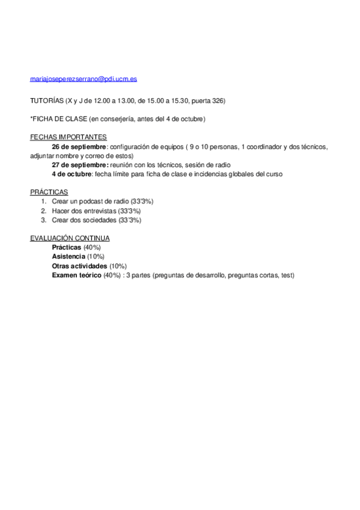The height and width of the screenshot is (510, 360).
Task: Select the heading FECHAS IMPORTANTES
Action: [69, 137]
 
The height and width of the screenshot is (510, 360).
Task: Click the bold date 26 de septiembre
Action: [79, 146]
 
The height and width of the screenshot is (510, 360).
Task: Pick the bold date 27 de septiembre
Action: [81, 165]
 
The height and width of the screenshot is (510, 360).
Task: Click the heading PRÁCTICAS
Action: [49, 192]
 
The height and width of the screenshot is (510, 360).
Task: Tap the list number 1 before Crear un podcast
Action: [43, 201]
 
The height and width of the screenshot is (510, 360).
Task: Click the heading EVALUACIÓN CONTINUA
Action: [70, 239]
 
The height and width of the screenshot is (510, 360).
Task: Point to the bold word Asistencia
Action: [69, 257]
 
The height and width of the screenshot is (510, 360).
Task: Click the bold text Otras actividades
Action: [80, 266]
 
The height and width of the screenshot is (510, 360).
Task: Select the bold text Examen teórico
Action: [77, 275]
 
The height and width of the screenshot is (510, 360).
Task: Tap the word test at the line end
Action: [287, 275]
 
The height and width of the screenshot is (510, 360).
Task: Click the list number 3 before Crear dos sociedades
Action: [43, 220]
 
